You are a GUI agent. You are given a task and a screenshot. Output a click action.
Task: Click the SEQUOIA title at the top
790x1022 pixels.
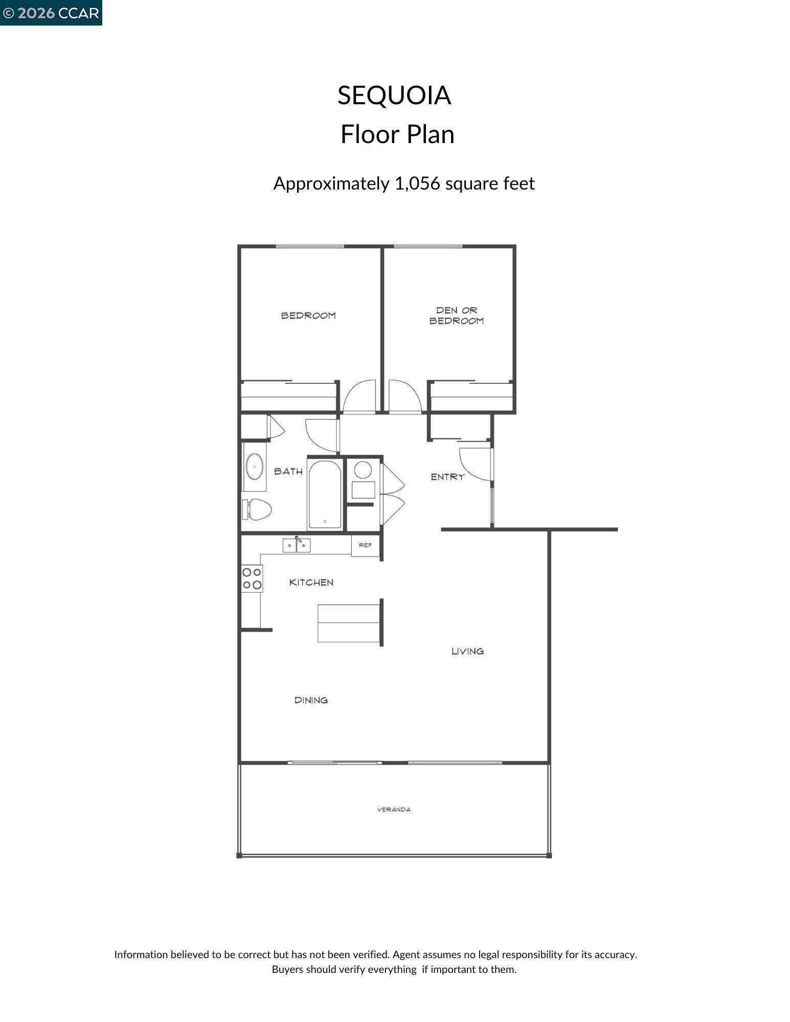pyautogui.click(x=394, y=96)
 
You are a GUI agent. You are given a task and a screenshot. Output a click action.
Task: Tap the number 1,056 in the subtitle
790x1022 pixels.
pyautogui.click(x=417, y=183)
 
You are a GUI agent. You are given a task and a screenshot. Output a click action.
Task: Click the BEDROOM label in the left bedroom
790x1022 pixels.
pyautogui.click(x=308, y=316)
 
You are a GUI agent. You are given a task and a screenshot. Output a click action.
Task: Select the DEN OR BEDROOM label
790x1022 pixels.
pyautogui.click(x=456, y=316)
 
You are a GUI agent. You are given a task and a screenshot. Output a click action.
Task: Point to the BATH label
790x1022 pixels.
pyautogui.click(x=288, y=471)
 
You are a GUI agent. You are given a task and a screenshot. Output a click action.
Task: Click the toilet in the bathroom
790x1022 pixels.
pyautogui.click(x=258, y=509)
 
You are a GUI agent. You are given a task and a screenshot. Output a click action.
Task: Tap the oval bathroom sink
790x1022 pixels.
pyautogui.click(x=254, y=467)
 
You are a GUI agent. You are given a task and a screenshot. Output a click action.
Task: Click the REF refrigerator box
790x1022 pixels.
pyautogui.click(x=365, y=545)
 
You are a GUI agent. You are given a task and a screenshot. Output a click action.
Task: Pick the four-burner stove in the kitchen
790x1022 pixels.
pyautogui.click(x=252, y=578)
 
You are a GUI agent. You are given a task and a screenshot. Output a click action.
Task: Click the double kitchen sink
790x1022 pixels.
pyautogui.click(x=297, y=545)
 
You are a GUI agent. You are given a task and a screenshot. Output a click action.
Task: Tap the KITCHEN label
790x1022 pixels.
pyautogui.click(x=311, y=583)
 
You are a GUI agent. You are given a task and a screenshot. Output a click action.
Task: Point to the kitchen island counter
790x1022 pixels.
pyautogui.click(x=348, y=623)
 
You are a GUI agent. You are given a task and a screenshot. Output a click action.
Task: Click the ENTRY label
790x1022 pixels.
pyautogui.click(x=447, y=477)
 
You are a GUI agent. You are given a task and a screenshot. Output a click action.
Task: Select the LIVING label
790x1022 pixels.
pyautogui.click(x=467, y=651)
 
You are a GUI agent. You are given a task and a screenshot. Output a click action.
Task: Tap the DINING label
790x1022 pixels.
pyautogui.click(x=311, y=700)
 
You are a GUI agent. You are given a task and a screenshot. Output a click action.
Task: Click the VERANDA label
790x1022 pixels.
pyautogui.click(x=394, y=809)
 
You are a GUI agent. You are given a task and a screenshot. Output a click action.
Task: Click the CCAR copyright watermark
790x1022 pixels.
pyautogui.click(x=51, y=13)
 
